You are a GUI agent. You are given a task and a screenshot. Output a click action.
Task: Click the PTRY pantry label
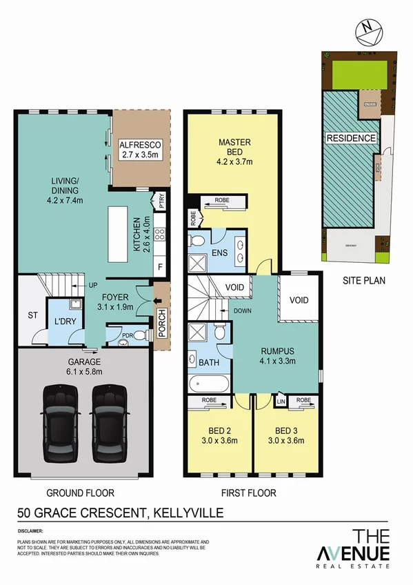[x=160, y=199]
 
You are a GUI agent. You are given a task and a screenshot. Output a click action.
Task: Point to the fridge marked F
[x=159, y=266]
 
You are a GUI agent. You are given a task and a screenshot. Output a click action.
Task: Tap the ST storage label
[x=32, y=315]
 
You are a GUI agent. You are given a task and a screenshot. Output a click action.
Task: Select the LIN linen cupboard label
[x=281, y=401]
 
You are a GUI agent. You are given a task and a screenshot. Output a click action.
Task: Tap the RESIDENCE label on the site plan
[x=352, y=138]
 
